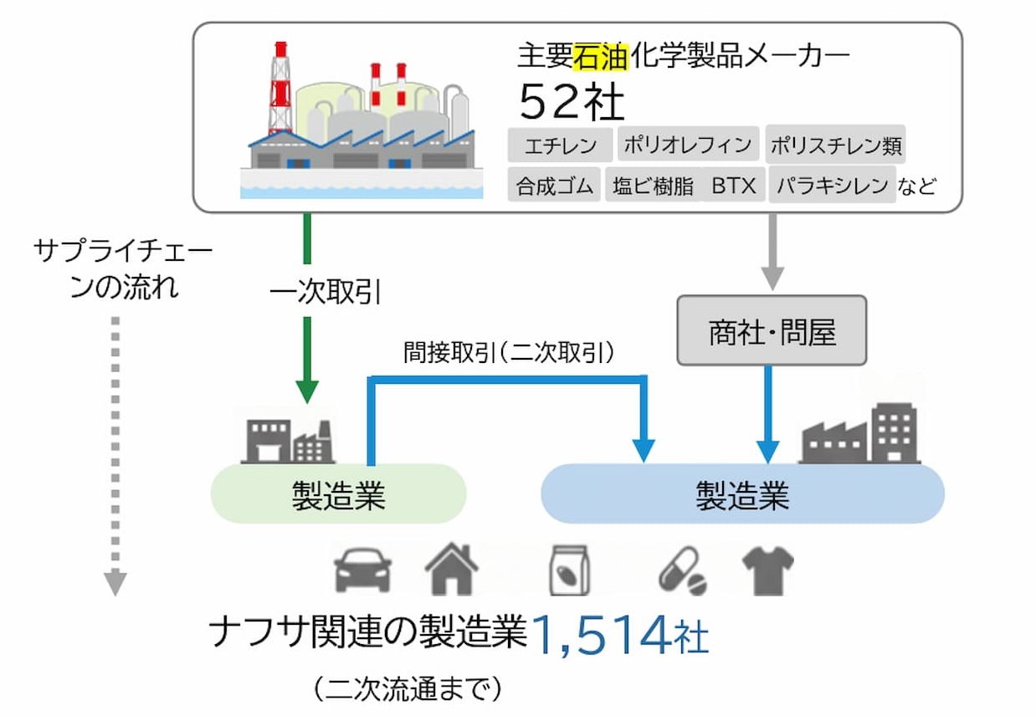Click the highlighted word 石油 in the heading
click(601, 56)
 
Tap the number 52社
click(572, 102)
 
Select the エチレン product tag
click(560, 146)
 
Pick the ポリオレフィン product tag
click(688, 144)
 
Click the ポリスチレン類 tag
click(835, 144)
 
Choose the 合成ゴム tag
click(554, 185)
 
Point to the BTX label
click(734, 186)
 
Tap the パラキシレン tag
click(832, 185)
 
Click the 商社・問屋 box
click(772, 331)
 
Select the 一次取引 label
click(326, 292)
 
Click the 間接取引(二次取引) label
click(509, 353)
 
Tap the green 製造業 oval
click(339, 494)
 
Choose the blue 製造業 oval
click(743, 494)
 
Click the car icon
click(362, 570)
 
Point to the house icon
click(451, 569)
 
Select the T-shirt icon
click(767, 570)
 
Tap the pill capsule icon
click(683, 570)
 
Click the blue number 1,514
click(601, 635)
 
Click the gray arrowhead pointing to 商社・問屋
click(772, 279)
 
